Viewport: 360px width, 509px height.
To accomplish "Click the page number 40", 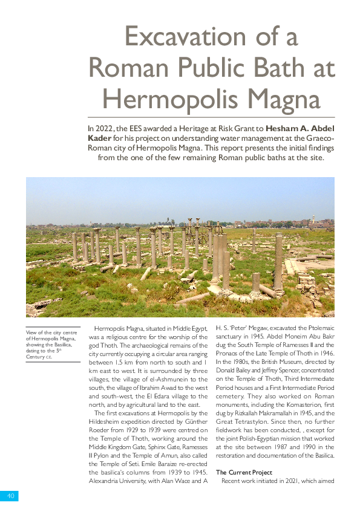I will coord(10,496).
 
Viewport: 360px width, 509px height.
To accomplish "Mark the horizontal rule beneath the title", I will coord(211,117).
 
